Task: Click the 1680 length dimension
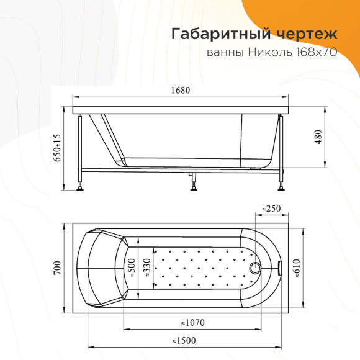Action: [x=181, y=90]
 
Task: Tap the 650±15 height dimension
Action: [x=57, y=148]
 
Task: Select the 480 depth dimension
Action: [x=318, y=137]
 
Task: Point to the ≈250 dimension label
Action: [x=272, y=209]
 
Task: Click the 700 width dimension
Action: [x=57, y=268]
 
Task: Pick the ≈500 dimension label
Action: [x=132, y=268]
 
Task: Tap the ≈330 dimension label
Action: [x=147, y=268]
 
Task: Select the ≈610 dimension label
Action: [x=297, y=268]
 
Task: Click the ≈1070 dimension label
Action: [x=192, y=323]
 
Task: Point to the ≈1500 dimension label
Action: [x=184, y=341]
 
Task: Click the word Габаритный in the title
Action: [x=221, y=34]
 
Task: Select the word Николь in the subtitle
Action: [x=270, y=53]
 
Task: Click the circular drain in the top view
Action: [x=255, y=268]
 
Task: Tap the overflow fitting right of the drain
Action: [x=280, y=268]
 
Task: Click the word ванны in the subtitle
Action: [x=225, y=53]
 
